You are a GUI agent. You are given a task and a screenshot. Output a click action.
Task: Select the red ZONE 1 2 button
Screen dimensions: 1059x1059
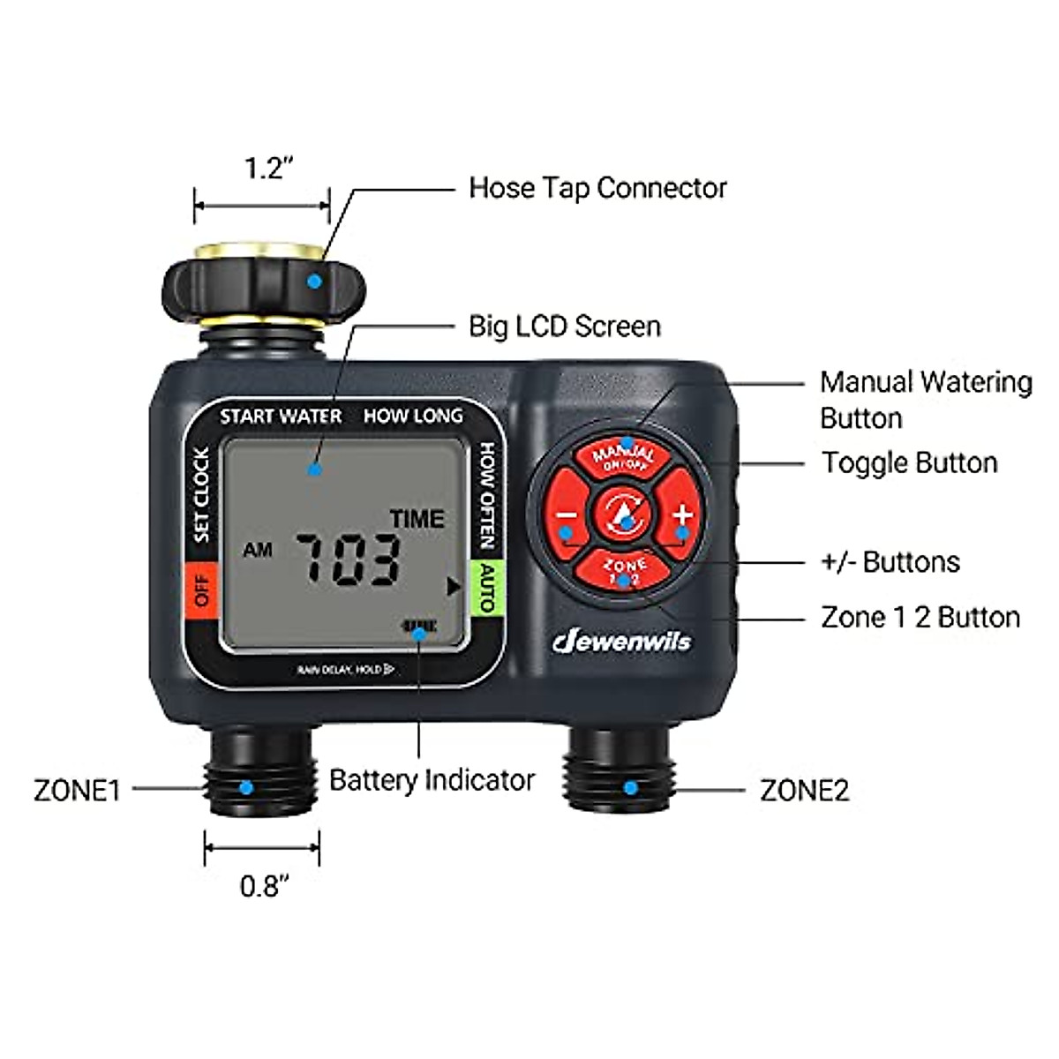(625, 570)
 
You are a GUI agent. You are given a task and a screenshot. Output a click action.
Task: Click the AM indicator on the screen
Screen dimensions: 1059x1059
(258, 551)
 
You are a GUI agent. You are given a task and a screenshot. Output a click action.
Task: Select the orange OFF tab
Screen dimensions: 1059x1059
(202, 589)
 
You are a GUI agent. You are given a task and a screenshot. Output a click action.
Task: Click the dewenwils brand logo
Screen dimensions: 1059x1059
(621, 642)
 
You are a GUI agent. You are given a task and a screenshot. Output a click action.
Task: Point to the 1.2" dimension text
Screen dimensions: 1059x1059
(263, 168)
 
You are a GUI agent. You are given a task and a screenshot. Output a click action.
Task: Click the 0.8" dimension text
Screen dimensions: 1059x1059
(264, 885)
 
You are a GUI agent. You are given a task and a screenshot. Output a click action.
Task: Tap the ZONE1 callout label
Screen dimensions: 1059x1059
(77, 790)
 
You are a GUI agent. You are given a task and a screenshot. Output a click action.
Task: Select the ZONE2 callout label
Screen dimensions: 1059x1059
(804, 790)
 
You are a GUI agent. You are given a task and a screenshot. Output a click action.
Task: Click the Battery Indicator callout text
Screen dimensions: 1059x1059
(432, 780)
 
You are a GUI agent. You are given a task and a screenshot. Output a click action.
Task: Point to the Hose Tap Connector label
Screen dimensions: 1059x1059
(597, 188)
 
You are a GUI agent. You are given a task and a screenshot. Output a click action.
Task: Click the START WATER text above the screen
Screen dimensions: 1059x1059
(281, 417)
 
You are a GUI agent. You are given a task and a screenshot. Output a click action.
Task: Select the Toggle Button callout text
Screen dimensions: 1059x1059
(909, 462)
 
